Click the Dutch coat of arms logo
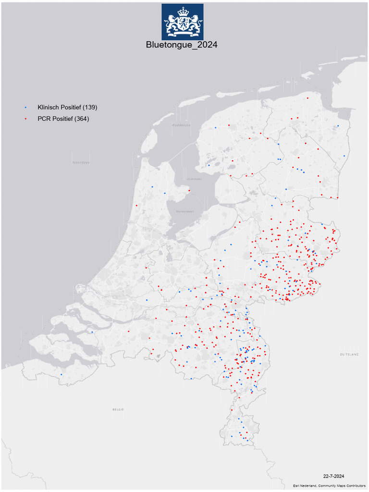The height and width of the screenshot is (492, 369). tap(182, 22)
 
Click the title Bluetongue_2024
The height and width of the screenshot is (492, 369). tap(182, 45)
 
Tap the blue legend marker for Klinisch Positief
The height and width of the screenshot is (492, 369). tap(25, 107)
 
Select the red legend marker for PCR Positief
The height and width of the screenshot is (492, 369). tap(25, 119)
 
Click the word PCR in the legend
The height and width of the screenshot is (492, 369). tap(44, 119)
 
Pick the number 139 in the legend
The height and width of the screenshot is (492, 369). tap(90, 107)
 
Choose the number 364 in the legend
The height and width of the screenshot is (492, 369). tap(82, 119)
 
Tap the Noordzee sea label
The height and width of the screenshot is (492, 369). tap(81, 162)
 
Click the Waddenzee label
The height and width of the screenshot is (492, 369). tap(182, 125)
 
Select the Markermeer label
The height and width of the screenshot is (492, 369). tap(184, 211)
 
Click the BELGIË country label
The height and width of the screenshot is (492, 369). tap(118, 409)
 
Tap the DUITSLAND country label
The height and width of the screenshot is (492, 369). tap(349, 354)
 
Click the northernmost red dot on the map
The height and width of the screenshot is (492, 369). tap(307, 98)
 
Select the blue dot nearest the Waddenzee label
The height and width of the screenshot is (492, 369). tap(216, 128)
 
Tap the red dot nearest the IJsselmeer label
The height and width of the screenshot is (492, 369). tap(189, 191)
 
